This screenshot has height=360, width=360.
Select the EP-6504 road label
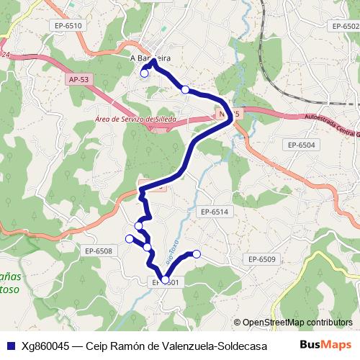point(302,145)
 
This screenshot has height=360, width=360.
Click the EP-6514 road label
point(214,212)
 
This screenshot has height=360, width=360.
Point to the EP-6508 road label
point(98,251)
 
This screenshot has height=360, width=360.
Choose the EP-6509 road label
point(262,258)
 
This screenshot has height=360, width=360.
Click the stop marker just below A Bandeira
point(144,73)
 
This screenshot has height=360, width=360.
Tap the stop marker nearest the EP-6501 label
point(165,280)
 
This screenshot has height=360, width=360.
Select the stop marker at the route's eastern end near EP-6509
point(196,253)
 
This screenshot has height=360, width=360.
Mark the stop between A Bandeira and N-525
point(186,89)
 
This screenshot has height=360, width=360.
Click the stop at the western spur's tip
point(130,238)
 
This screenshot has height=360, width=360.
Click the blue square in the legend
point(11,345)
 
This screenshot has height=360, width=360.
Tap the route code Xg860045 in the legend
point(45,345)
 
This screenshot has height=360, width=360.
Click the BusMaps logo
point(325,344)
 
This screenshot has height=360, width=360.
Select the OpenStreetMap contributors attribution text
point(297,322)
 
